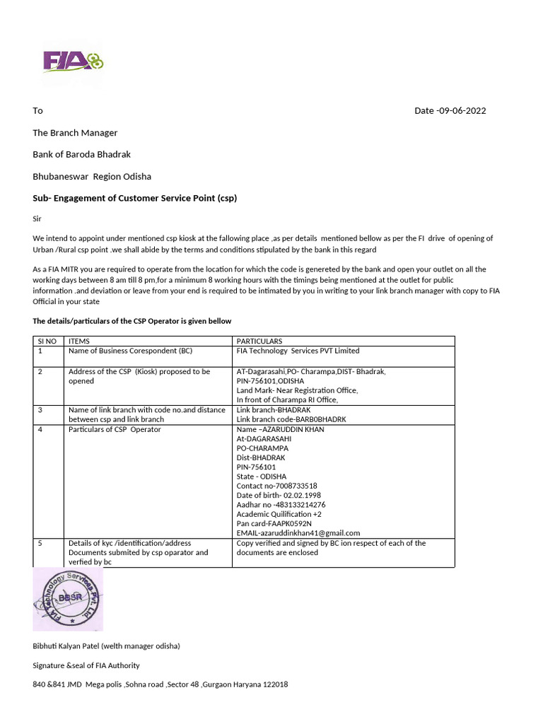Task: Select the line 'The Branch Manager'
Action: pyautogui.click(x=75, y=133)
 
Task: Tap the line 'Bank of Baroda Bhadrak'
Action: pyautogui.click(x=81, y=154)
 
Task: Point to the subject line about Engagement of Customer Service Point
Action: pyautogui.click(x=135, y=198)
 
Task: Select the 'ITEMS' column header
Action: pyautogui.click(x=78, y=341)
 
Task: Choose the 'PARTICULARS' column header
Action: pyautogui.click(x=259, y=341)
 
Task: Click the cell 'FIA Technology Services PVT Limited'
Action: pyautogui.click(x=298, y=351)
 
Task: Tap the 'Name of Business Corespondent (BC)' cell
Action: pyautogui.click(x=130, y=351)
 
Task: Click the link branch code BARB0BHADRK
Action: pyautogui.click(x=291, y=419)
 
